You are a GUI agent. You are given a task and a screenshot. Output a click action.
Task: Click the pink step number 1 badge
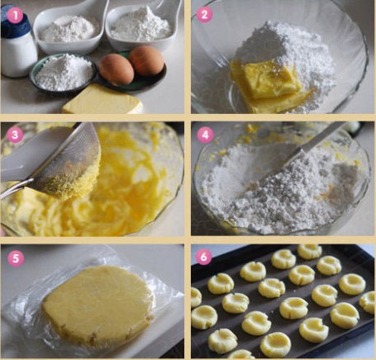[15, 15]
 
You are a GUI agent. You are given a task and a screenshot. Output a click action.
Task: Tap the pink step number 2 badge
[204, 14]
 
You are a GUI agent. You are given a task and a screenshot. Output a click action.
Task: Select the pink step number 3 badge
[15, 135]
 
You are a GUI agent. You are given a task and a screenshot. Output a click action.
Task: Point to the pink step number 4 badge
[205, 135]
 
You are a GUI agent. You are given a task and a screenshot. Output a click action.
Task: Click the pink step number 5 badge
[16, 258]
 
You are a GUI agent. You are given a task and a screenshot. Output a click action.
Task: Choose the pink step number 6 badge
[203, 257]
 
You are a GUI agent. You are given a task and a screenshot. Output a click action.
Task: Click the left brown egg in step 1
[117, 69]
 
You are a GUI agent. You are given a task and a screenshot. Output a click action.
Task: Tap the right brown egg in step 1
[146, 61]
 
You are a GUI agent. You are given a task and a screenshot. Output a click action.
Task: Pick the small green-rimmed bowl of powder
[63, 73]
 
